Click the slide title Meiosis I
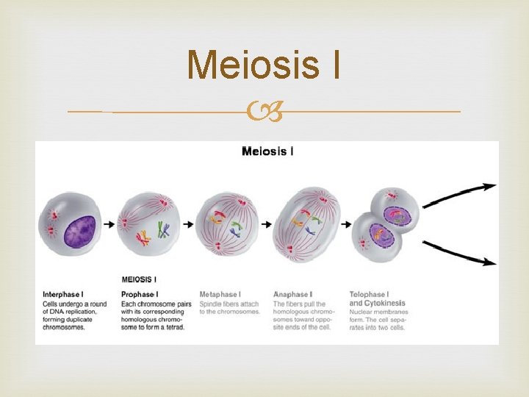click(264, 65)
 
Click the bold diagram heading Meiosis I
click(268, 151)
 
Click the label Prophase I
click(140, 295)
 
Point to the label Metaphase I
click(220, 295)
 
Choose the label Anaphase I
click(292, 295)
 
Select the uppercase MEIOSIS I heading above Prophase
click(139, 279)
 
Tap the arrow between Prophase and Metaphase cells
click(187, 224)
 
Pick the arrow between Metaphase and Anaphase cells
click(266, 224)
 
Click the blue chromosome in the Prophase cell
click(164, 230)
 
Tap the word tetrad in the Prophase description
click(175, 327)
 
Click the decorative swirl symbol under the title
click(264, 112)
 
